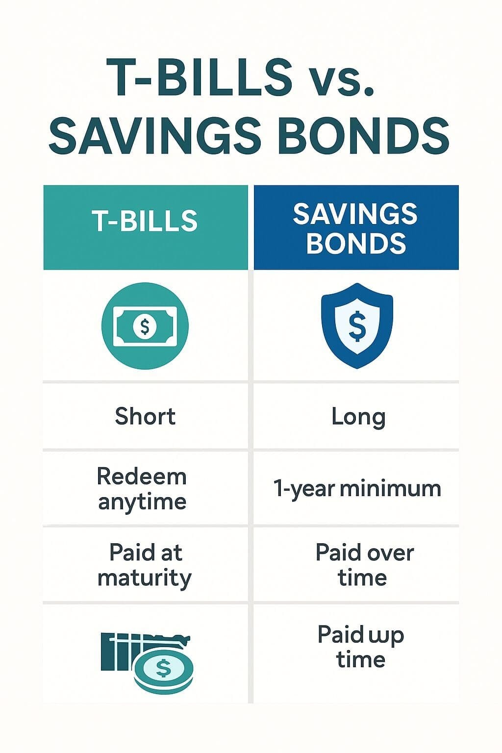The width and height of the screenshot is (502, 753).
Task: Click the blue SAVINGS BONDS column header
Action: click(356, 228)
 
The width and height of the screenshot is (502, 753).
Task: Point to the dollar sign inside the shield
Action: click(357, 326)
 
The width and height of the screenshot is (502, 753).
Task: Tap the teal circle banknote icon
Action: click(145, 326)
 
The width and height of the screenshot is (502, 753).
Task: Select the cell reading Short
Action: click(145, 417)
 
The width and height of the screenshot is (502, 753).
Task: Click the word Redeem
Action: click(142, 477)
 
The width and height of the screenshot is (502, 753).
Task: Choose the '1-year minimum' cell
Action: click(357, 489)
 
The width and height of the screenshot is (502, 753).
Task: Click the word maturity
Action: click(144, 578)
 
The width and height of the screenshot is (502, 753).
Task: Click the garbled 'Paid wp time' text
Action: click(361, 647)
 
